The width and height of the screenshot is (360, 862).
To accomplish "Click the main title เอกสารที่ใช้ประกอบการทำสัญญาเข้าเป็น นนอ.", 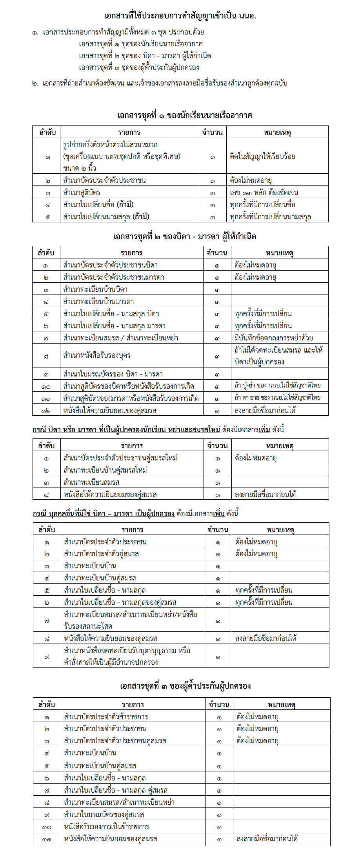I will [180, 16].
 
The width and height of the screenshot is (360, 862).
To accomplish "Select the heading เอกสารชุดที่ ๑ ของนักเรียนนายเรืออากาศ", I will [184, 115].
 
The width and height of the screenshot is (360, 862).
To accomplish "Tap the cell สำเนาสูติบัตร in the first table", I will [82, 192].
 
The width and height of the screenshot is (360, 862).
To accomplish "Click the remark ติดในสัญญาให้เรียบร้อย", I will [262, 156].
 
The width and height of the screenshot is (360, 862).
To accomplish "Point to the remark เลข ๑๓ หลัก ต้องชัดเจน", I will [264, 192].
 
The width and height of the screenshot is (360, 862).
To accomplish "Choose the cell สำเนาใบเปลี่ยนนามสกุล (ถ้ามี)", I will [106, 216].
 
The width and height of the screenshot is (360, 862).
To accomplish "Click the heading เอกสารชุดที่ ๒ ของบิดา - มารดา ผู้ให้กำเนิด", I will [184, 236].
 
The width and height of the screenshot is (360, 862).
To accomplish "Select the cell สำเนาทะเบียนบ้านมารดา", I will [98, 301].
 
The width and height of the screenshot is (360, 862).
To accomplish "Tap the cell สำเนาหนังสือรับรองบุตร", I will [97, 355].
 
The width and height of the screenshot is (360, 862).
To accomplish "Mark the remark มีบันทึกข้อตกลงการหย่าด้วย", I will [274, 338].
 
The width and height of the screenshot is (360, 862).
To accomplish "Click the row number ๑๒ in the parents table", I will [46, 410].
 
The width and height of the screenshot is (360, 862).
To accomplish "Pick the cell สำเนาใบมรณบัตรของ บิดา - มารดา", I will [113, 374].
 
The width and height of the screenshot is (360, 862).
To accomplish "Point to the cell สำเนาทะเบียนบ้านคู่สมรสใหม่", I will [105, 470].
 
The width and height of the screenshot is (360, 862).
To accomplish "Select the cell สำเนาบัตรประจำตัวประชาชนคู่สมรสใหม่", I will [120, 458].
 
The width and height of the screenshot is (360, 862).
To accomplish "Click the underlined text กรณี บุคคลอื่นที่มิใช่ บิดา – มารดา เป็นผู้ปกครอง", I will [104, 513].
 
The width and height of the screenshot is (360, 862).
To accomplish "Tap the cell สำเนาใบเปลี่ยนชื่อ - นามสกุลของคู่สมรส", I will [120, 602].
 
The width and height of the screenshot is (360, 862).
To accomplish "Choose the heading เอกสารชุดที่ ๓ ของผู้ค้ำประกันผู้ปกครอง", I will [185, 686].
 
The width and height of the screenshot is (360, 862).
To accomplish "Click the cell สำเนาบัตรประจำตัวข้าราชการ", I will [106, 717].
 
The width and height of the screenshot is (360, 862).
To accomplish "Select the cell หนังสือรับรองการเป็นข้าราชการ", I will [106, 826].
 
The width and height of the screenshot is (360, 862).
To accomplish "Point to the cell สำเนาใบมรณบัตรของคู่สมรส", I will [104, 814].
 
